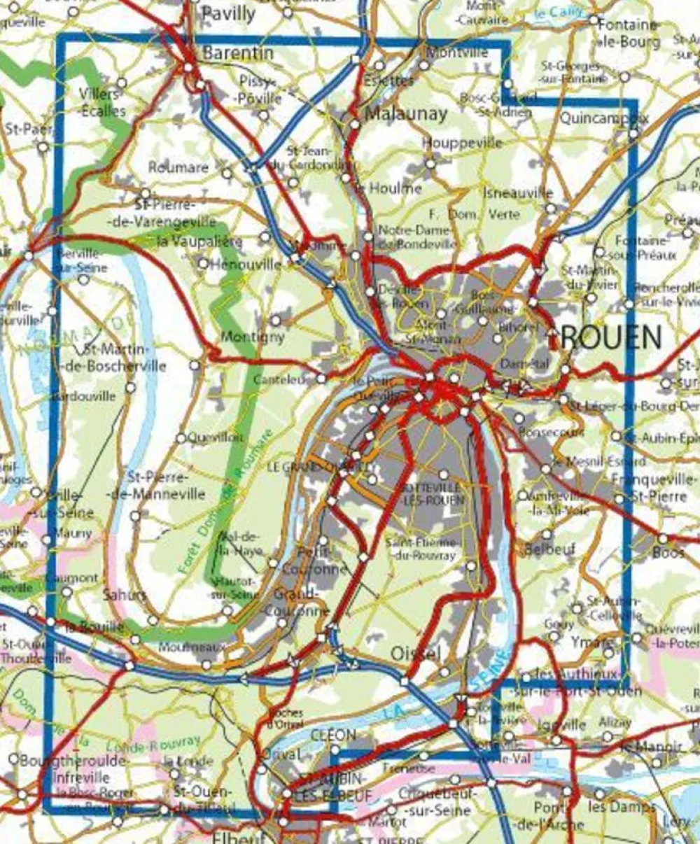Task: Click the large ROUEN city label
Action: click(x=611, y=339)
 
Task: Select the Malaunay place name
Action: click(x=406, y=113)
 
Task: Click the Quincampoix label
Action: click(x=603, y=118)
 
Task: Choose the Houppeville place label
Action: click(x=462, y=143)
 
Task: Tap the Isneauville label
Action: click(x=518, y=193)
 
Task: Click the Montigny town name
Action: click(x=253, y=337)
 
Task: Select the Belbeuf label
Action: click(x=549, y=549)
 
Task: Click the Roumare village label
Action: click(x=178, y=167)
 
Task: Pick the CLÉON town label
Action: click(x=333, y=736)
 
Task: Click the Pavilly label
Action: click(x=228, y=13)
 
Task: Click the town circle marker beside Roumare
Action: click(x=227, y=173)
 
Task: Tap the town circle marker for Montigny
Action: click(x=276, y=320)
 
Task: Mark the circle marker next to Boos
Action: click(x=662, y=539)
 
